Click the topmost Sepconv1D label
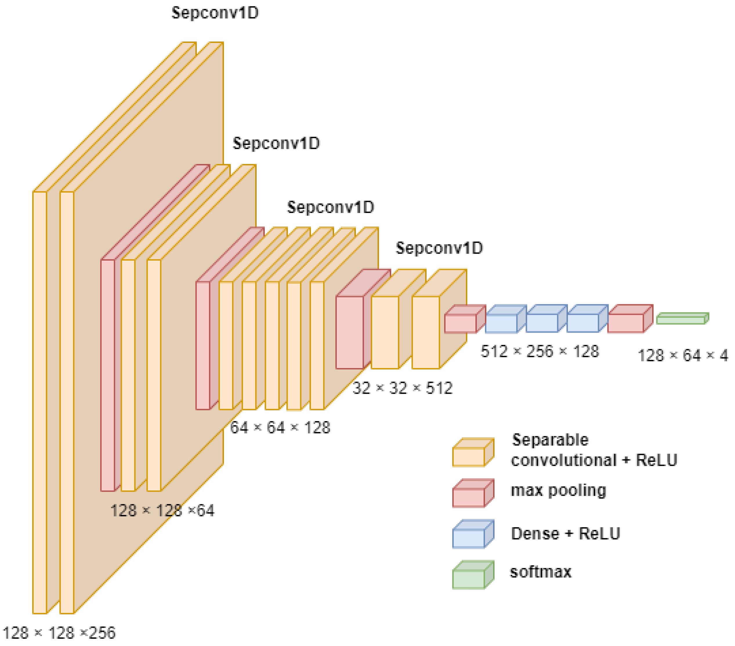coord(215,13)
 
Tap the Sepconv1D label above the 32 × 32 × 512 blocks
coord(439,248)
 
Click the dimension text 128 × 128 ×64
coord(162,510)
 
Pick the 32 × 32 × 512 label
coord(402,388)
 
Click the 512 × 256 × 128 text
coord(540,351)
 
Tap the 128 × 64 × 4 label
coord(682,356)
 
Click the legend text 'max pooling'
coord(558,490)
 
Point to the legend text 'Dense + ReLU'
coord(565,533)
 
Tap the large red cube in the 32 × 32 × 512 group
coord(350,332)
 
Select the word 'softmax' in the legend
coord(540,572)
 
